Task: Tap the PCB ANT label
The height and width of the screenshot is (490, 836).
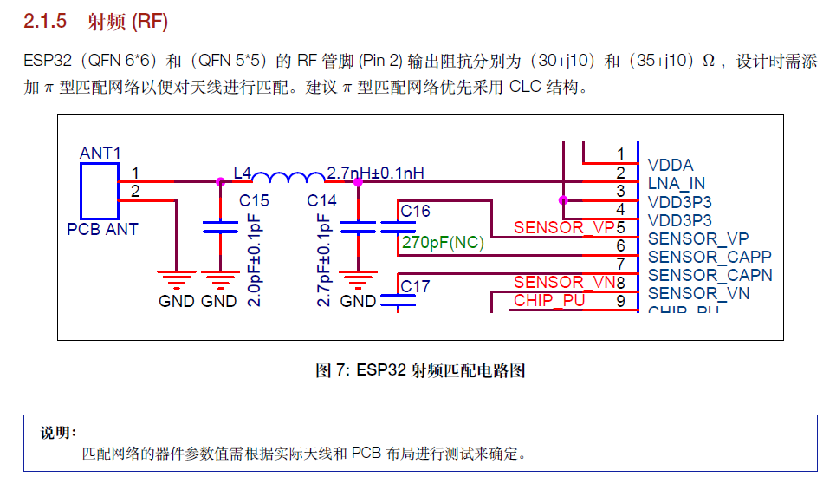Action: coord(102,230)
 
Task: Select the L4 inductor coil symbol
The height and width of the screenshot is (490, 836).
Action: coord(288,178)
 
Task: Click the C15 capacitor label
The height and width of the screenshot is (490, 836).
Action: coord(254,201)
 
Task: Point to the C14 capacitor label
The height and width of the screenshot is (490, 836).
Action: coord(322,201)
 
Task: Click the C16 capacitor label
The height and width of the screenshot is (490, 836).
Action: coord(415,212)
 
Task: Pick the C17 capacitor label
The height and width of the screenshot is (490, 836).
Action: coord(415,286)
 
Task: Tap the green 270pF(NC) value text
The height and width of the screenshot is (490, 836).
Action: coord(443,244)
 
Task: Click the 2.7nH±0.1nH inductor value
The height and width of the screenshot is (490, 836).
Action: coord(376,173)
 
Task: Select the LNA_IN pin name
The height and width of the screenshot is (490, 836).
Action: coord(677,183)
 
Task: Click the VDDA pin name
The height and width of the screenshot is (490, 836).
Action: coord(671,165)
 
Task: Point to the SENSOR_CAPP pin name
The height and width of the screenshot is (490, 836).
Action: coord(710,257)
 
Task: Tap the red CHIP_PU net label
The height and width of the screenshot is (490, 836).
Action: coord(549,300)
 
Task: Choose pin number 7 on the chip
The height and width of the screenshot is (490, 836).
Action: coord(620,264)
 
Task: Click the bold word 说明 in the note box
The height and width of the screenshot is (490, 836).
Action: coord(59,432)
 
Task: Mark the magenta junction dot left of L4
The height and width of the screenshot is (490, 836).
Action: coord(220,182)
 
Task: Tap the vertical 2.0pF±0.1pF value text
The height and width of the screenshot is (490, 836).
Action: coord(254,260)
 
